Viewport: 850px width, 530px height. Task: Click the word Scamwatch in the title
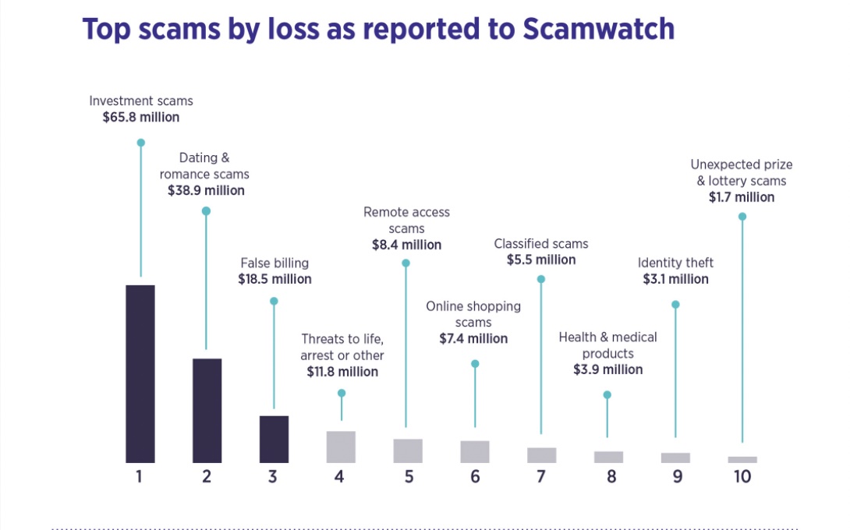pyautogui.click(x=598, y=29)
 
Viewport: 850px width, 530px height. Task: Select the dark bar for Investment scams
pyautogui.click(x=140, y=373)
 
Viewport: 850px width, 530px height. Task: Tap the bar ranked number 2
pyautogui.click(x=207, y=410)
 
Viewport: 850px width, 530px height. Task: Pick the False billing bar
pyautogui.click(x=274, y=439)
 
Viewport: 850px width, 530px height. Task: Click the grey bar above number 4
pyautogui.click(x=341, y=447)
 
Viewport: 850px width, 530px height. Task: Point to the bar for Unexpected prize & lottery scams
pyautogui.click(x=742, y=459)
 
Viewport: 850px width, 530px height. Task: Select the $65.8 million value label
pyautogui.click(x=141, y=118)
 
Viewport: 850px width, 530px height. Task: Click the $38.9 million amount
pyautogui.click(x=206, y=191)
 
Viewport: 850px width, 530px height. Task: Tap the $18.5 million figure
pyautogui.click(x=274, y=279)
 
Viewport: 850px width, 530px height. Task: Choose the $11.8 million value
pyautogui.click(x=342, y=372)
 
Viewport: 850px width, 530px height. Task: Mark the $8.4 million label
pyautogui.click(x=406, y=246)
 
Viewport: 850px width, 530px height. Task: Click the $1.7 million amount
pyautogui.click(x=741, y=198)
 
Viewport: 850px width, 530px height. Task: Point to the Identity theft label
pyautogui.click(x=675, y=263)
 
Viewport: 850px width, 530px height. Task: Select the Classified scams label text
pyautogui.click(x=541, y=244)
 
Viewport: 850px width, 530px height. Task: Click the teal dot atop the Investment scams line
pyautogui.click(x=141, y=143)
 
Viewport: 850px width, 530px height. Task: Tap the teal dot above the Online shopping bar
pyautogui.click(x=475, y=364)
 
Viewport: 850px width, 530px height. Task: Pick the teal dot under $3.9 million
pyautogui.click(x=607, y=394)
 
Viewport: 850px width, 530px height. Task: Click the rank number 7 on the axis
pyautogui.click(x=541, y=476)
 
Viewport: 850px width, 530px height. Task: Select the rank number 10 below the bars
pyautogui.click(x=742, y=476)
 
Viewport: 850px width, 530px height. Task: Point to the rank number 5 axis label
pyautogui.click(x=409, y=476)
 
